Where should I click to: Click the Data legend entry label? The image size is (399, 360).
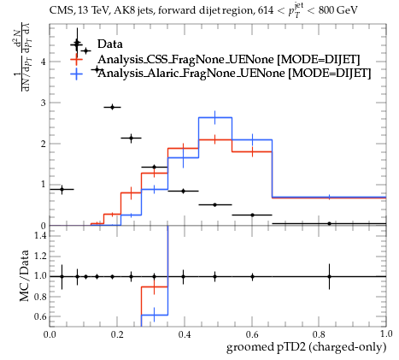pyautogui.click(x=110, y=44)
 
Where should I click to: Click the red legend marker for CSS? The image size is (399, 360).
pyautogui.click(x=77, y=59)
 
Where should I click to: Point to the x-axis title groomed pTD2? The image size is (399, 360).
pyautogui.click(x=306, y=347)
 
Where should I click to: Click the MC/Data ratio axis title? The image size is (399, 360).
pyautogui.click(x=25, y=275)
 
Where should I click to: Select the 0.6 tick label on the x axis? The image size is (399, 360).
pyautogui.click(x=252, y=334)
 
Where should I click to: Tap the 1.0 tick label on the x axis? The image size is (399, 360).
pyautogui.click(x=386, y=334)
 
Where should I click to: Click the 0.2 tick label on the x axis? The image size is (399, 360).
pyautogui.click(x=117, y=334)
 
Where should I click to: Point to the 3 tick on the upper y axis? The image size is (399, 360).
pyautogui.click(x=43, y=103)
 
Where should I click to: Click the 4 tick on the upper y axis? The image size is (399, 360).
pyautogui.click(x=43, y=62)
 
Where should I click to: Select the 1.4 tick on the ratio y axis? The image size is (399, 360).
pyautogui.click(x=40, y=235)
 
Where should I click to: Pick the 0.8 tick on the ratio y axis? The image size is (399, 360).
pyautogui.click(x=40, y=297)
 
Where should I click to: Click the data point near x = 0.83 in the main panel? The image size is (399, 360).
pyautogui.click(x=330, y=224)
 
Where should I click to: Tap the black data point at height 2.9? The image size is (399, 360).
pyautogui.click(x=113, y=107)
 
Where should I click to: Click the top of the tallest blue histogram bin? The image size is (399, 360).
pyautogui.click(x=215, y=117)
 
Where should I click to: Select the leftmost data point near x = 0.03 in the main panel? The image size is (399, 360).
pyautogui.click(x=62, y=189)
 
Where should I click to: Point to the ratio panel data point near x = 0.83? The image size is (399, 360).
pyautogui.click(x=330, y=276)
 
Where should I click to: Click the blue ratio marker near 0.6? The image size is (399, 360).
pyautogui.click(x=155, y=315)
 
